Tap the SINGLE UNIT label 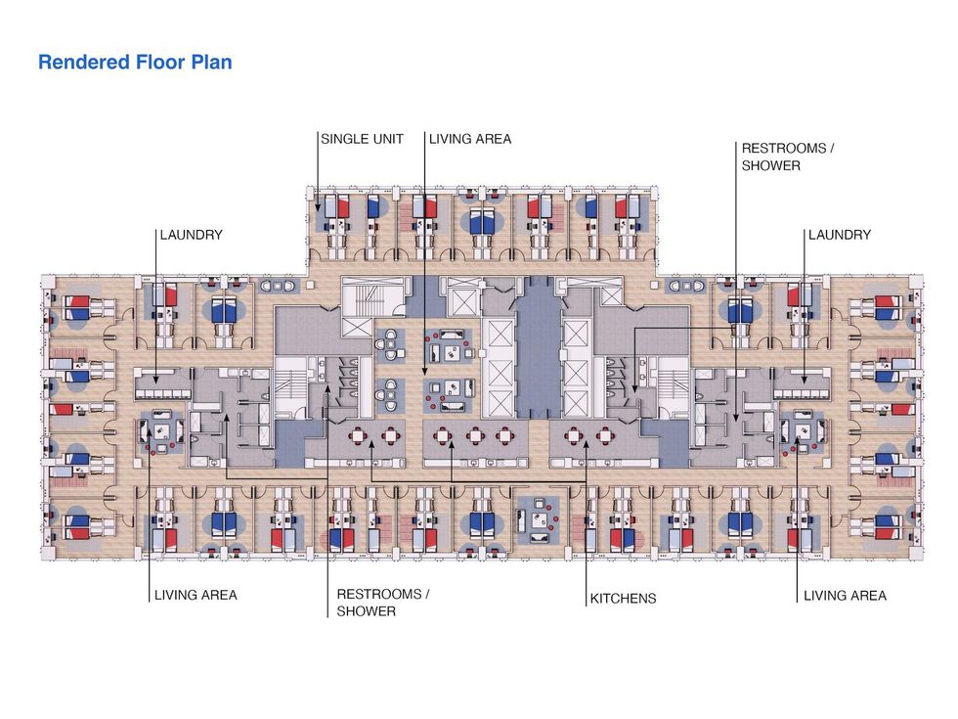(362, 139)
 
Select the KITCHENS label (623, 598)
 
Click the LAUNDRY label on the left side (192, 235)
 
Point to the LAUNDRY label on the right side (839, 235)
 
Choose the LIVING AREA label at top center (470, 139)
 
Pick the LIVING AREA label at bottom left (196, 595)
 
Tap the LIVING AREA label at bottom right (845, 595)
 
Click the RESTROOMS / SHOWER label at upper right (788, 157)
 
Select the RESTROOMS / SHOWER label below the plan (383, 603)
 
